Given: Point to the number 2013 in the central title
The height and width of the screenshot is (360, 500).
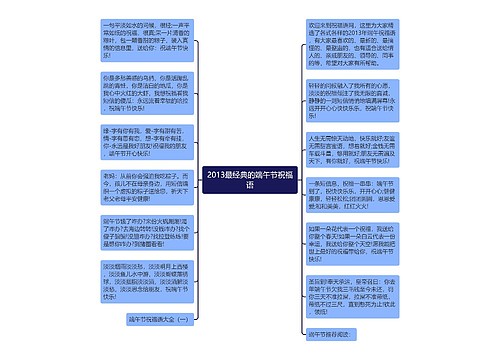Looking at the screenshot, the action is (x=219, y=174).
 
